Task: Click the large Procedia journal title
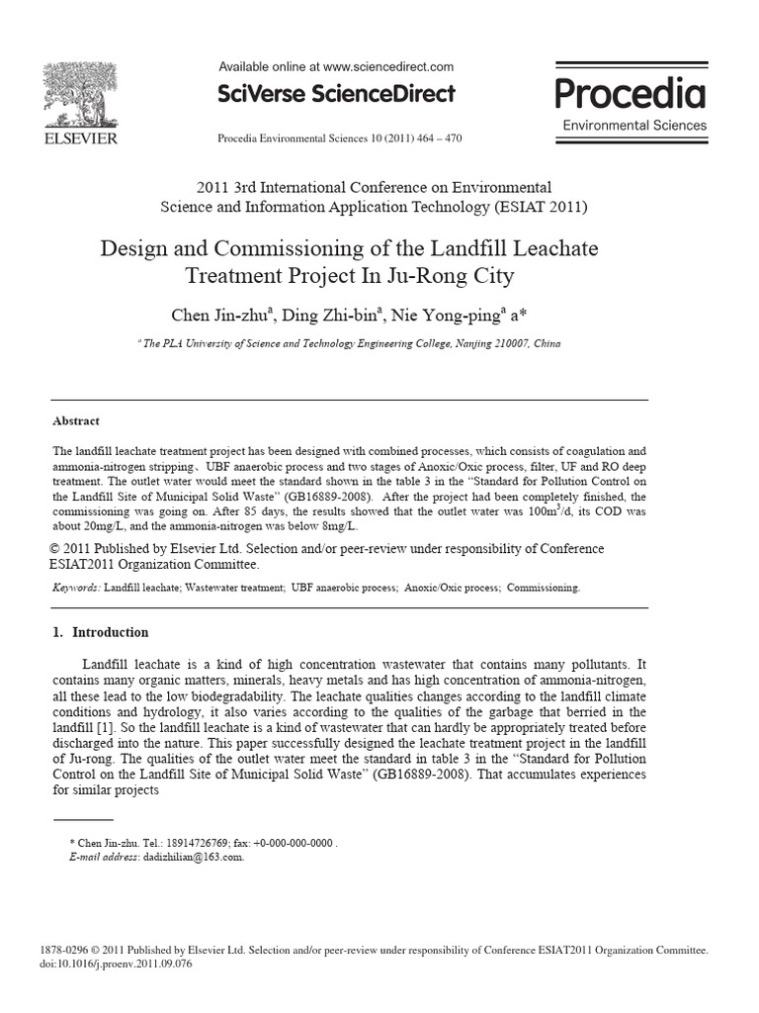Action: [630, 94]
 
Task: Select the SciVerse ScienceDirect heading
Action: [336, 94]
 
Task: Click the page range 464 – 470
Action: [435, 138]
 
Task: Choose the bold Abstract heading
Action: [76, 420]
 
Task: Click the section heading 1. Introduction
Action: [100, 632]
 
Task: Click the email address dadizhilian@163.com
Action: [196, 857]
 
